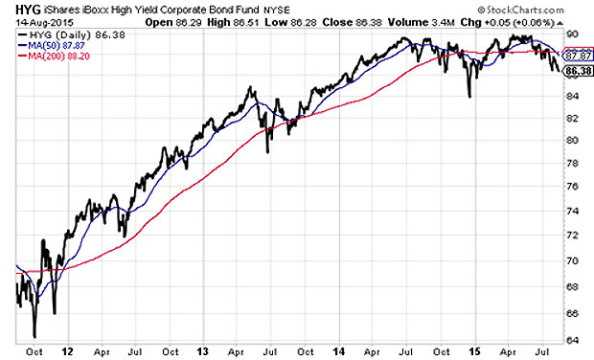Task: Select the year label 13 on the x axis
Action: [x=203, y=350]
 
